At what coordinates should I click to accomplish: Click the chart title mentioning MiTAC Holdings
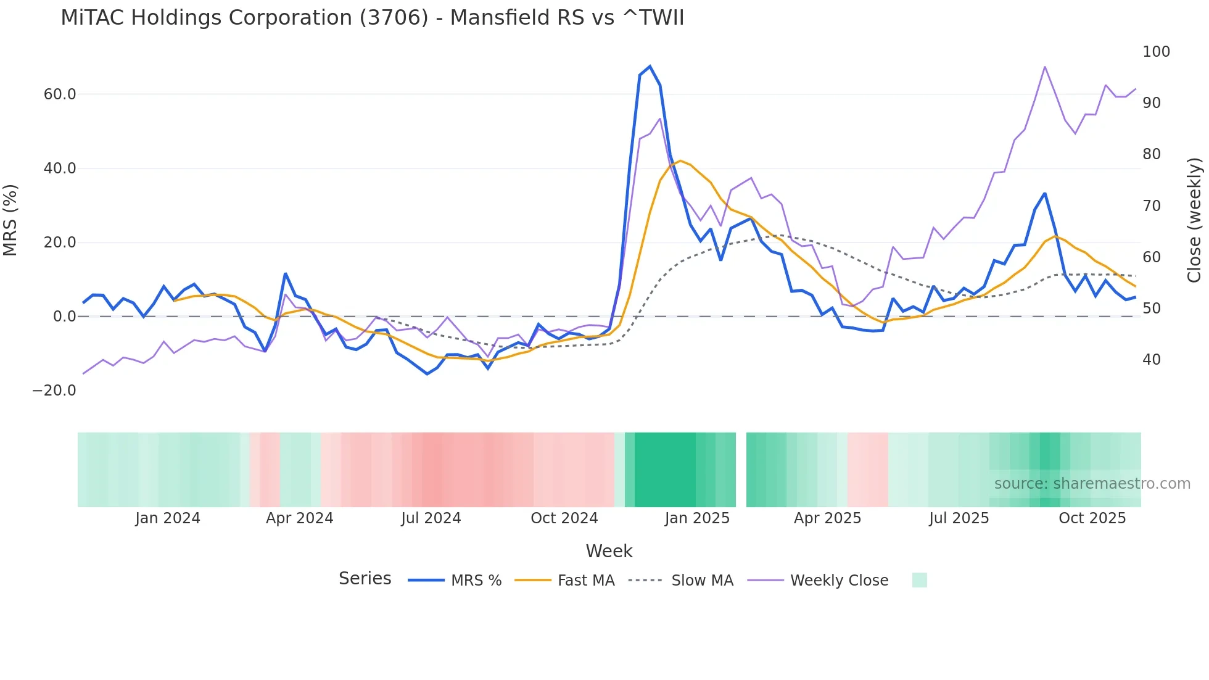coord(372,17)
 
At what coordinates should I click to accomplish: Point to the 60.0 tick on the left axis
coord(60,94)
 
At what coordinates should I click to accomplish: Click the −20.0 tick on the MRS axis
coord(54,391)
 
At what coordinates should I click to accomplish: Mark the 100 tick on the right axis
coord(1156,52)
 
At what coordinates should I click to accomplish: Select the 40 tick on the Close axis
coord(1152,360)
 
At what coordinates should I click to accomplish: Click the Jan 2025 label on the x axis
coord(697,518)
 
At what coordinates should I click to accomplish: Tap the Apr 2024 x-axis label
coord(299,518)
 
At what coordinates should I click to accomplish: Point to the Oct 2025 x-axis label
coord(1092,518)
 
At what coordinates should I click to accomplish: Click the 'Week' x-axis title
coord(609,551)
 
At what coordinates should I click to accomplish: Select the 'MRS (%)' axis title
coord(10,220)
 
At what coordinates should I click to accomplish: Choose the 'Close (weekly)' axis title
coord(1194,220)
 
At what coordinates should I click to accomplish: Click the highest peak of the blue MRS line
coord(650,67)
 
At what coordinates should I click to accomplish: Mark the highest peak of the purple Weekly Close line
coord(1045,67)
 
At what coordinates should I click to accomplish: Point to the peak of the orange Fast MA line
coord(680,161)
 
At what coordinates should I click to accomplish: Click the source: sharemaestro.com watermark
coord(1092,484)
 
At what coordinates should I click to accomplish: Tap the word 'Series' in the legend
coord(365,579)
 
